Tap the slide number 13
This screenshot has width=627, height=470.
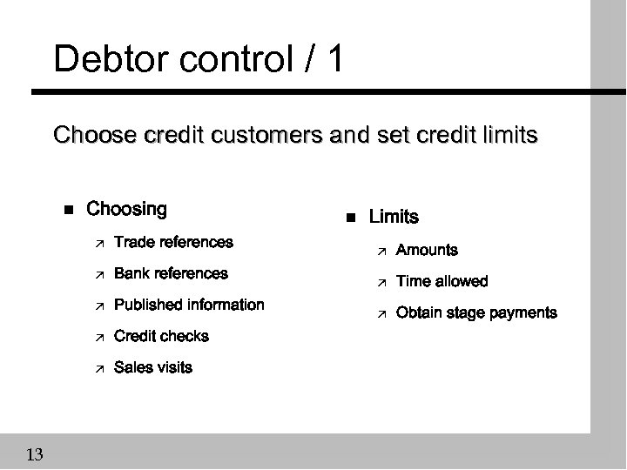click(x=36, y=453)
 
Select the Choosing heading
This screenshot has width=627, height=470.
click(x=127, y=209)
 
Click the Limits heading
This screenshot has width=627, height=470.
click(x=394, y=217)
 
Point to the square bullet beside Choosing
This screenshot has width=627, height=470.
click(x=68, y=210)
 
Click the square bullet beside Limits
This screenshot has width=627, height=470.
click(x=350, y=218)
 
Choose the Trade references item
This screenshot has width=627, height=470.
click(x=173, y=242)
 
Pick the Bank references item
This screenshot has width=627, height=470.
click(x=171, y=273)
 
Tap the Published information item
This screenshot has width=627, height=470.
click(x=189, y=305)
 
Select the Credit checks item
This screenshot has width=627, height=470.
click(x=161, y=336)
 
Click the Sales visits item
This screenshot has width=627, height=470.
click(x=153, y=367)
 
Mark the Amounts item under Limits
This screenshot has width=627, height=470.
click(x=427, y=250)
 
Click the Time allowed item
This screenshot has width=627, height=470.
click(x=442, y=281)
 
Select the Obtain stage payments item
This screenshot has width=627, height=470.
click(x=476, y=312)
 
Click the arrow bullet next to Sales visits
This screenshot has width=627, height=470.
click(x=99, y=368)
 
